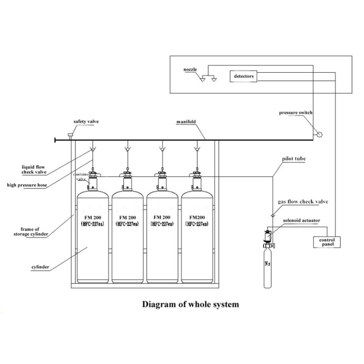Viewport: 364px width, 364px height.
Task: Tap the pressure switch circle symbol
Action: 319,133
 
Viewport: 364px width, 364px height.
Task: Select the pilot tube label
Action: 295,159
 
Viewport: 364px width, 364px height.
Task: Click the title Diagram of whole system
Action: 191,305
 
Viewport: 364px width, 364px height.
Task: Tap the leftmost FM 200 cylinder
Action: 92,235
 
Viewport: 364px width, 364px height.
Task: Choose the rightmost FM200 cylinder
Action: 198,235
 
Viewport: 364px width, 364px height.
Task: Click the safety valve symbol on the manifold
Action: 71,136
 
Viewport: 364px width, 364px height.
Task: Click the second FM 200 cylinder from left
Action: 128,235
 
